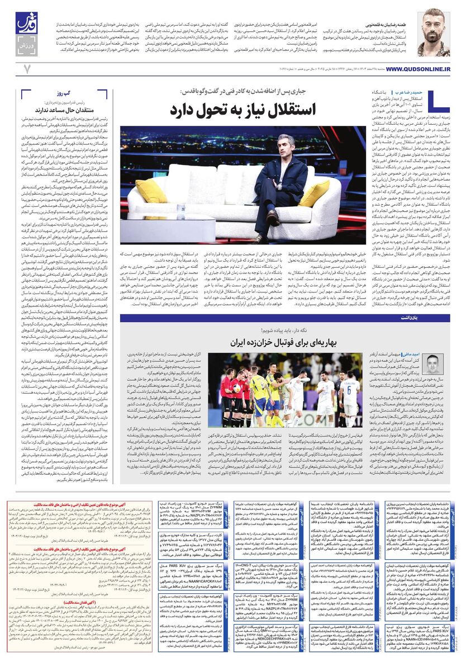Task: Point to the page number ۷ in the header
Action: (x=26, y=68)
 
